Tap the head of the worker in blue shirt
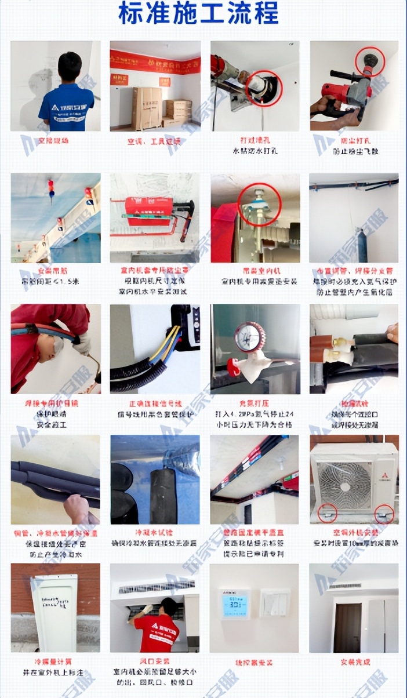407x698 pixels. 70,66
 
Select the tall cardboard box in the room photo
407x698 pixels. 147,108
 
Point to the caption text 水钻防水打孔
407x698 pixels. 255,151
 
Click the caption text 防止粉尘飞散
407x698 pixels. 354,151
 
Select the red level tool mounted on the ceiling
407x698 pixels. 148,207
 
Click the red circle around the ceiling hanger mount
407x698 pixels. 259,204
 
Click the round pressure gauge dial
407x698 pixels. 250,337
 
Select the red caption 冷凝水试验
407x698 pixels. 155,532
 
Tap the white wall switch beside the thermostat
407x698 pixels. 275,603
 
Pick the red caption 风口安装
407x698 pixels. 155,661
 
